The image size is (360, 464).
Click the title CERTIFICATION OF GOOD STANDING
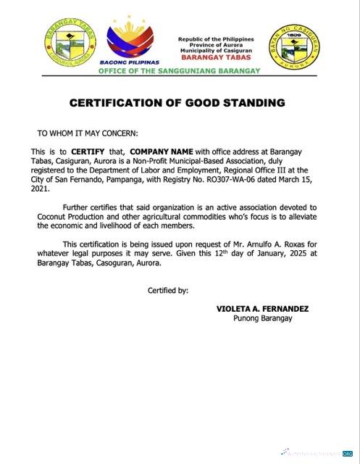(x=177, y=103)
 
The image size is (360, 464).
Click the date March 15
(x=304, y=179)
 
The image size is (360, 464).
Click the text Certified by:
(x=168, y=291)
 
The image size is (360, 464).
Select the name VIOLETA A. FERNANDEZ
(x=262, y=309)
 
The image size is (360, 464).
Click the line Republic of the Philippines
(x=217, y=38)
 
